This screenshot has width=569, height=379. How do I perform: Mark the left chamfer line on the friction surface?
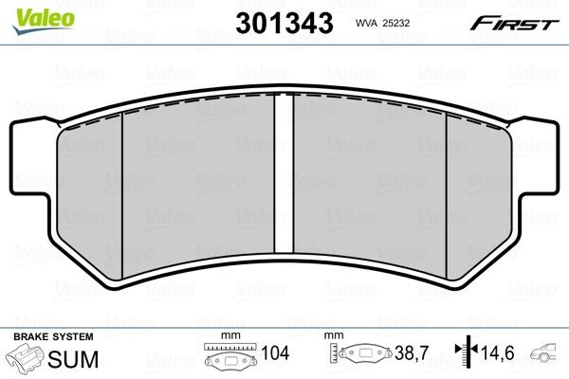[x=122, y=189]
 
